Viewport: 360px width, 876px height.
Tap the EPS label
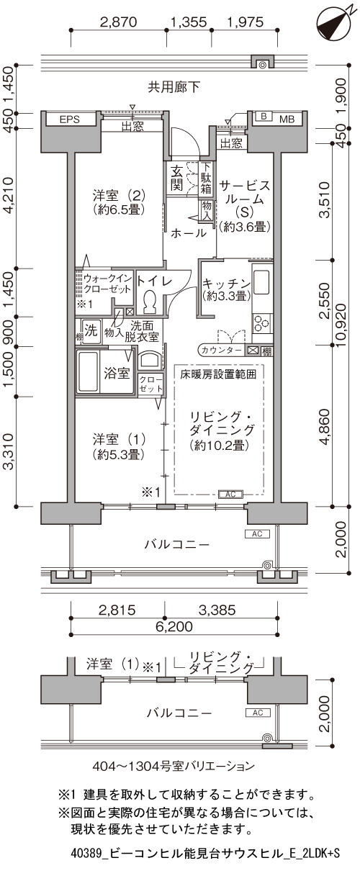tap(70, 119)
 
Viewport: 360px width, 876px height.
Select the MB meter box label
tap(287, 119)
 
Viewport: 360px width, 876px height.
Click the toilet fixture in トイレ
tap(149, 301)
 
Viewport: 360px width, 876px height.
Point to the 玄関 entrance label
tap(177, 178)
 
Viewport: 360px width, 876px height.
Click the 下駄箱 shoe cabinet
tap(206, 179)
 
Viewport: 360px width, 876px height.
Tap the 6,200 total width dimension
tap(174, 627)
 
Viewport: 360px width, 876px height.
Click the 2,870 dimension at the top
tap(119, 22)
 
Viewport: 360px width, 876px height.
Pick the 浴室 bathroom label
tap(117, 373)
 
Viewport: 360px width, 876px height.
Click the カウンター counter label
tap(221, 351)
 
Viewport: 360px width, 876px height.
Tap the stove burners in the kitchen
tap(261, 322)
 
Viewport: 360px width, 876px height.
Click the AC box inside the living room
tap(230, 495)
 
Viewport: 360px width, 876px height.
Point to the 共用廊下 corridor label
tap(174, 87)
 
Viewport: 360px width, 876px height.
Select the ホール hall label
tap(188, 233)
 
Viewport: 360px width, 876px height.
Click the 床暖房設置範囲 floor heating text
tap(218, 374)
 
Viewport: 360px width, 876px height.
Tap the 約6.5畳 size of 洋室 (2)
tap(120, 209)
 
